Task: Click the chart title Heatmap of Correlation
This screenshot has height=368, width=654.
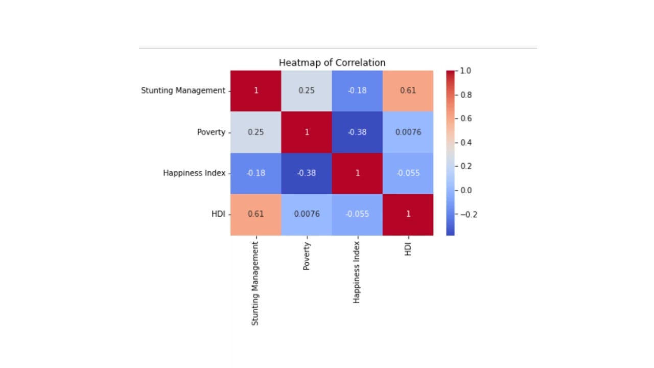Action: pyautogui.click(x=332, y=63)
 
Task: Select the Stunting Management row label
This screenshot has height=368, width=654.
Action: pyautogui.click(x=183, y=90)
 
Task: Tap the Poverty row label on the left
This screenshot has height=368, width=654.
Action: pyautogui.click(x=211, y=132)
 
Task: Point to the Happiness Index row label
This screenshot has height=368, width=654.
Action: pyautogui.click(x=194, y=173)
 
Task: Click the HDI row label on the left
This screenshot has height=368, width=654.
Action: pyautogui.click(x=218, y=214)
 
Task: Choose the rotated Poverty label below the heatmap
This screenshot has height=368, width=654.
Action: pyautogui.click(x=306, y=256)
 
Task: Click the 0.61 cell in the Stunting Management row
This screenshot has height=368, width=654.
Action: pyautogui.click(x=408, y=90)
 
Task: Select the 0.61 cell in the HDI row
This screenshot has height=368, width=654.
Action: pyautogui.click(x=255, y=214)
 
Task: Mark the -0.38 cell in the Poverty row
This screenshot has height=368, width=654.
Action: pyautogui.click(x=357, y=132)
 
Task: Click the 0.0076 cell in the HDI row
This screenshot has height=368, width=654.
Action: pyautogui.click(x=306, y=214)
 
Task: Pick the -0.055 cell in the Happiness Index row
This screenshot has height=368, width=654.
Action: pyautogui.click(x=408, y=173)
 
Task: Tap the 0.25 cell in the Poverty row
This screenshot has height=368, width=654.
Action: pyautogui.click(x=255, y=132)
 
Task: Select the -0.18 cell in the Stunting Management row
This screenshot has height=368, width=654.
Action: pyautogui.click(x=357, y=90)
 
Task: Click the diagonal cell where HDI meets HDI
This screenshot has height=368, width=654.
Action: pyautogui.click(x=408, y=214)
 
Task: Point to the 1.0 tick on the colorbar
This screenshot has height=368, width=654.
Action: pyautogui.click(x=465, y=71)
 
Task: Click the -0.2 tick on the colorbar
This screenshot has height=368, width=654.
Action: pyautogui.click(x=468, y=215)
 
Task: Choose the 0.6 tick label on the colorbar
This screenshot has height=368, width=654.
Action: pyautogui.click(x=466, y=119)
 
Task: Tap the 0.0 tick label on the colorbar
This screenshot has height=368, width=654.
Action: pyautogui.click(x=466, y=191)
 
